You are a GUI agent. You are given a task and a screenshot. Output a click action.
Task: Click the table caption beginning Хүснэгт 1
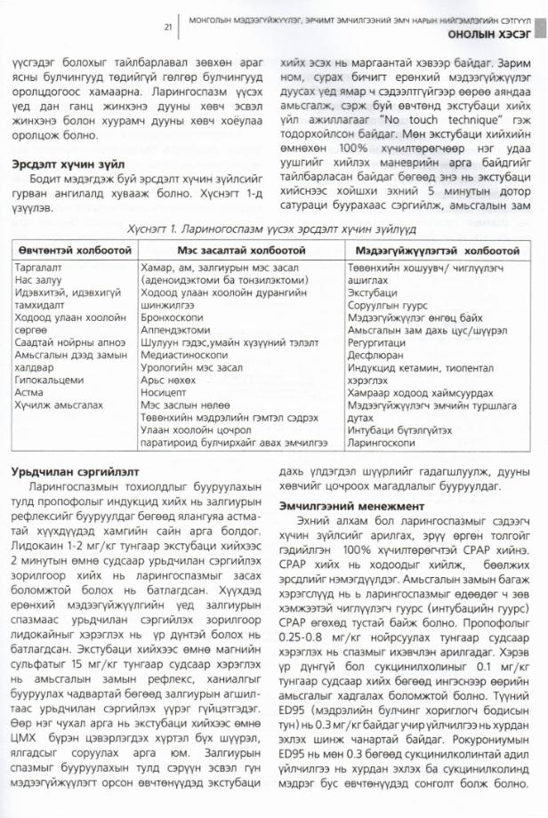point(275,229)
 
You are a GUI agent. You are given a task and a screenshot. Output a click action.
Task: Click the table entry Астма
point(34,391)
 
